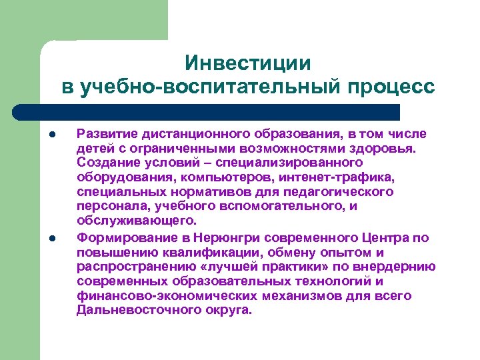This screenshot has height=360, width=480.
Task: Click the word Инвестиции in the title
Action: tap(248, 63)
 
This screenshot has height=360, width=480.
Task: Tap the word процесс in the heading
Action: tap(393, 87)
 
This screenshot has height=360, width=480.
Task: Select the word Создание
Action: tap(106, 163)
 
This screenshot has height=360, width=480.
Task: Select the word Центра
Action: tap(385, 237)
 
